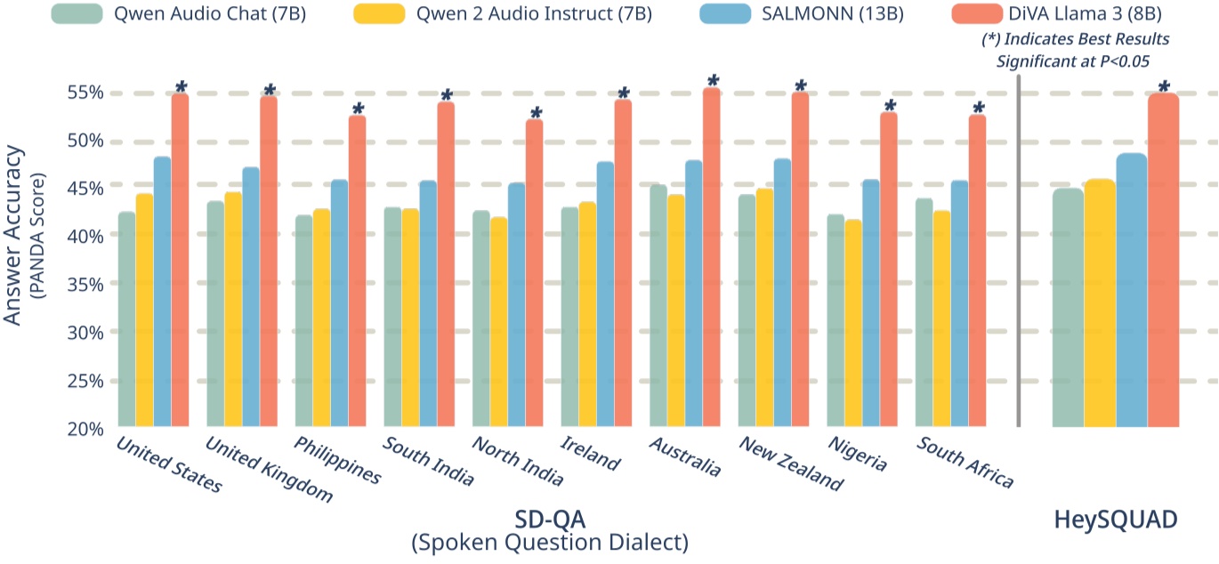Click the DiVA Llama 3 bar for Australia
coord(712,258)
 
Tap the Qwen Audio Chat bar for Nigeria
coord(836,320)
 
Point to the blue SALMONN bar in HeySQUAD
coord(1131,290)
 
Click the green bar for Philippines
coord(304,320)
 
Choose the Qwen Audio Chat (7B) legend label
coord(210,13)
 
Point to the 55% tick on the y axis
coord(85,93)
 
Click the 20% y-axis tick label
coord(85,428)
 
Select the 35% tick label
coord(85,285)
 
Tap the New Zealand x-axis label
coord(790,463)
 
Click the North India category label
coord(518,461)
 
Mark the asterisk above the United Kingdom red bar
coord(270,91)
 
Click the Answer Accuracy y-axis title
coord(14,236)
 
